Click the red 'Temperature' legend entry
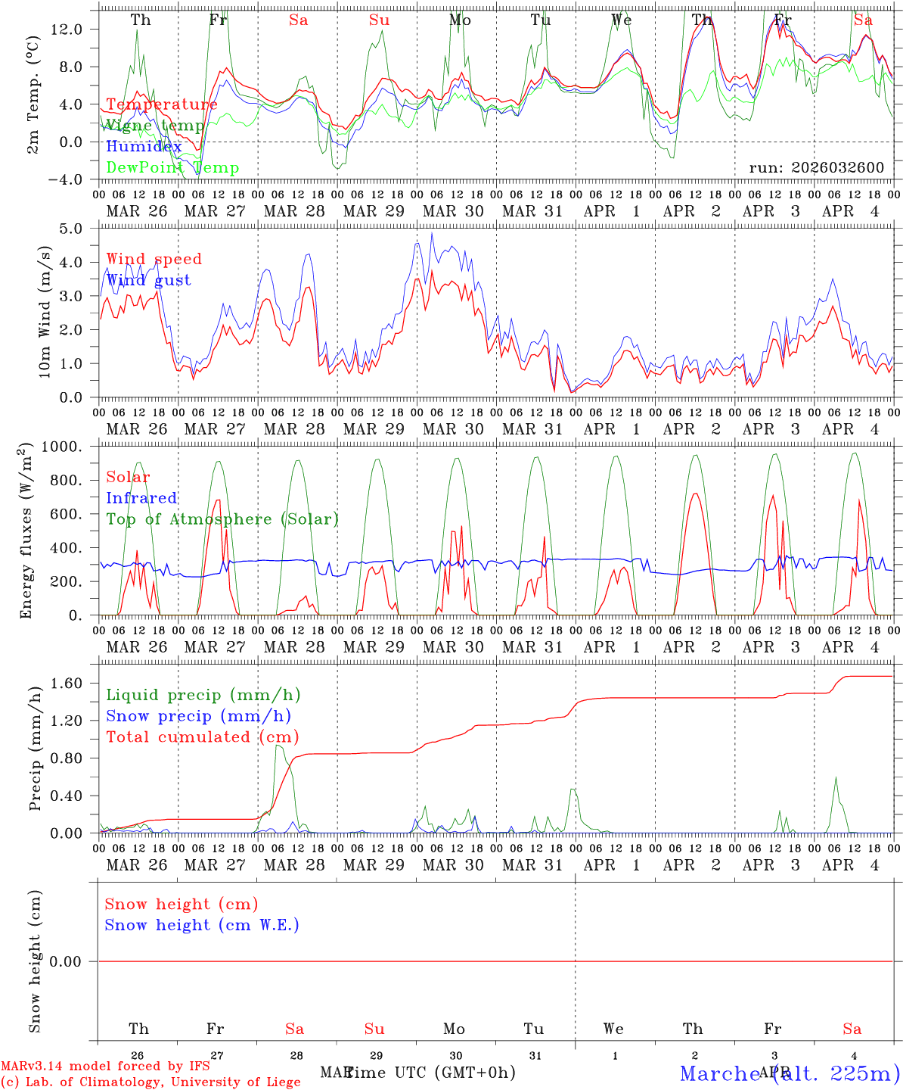coord(161,104)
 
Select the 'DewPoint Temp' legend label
coord(172,167)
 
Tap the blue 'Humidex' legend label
coord(144,146)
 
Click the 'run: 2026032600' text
coord(816,167)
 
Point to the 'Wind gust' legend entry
coord(148,280)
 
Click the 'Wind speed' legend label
coord(154,259)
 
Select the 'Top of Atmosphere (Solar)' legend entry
coord(222,519)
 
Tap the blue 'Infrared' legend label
coord(141,498)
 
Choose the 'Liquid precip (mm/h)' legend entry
coord(203,695)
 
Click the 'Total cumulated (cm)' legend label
coord(203,737)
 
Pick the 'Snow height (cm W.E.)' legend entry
coord(202,925)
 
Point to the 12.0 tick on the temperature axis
coord(66,29)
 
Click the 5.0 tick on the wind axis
coord(71,229)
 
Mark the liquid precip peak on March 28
coord(278,746)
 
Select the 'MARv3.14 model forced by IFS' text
coord(105,1067)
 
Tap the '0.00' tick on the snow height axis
coord(66,961)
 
